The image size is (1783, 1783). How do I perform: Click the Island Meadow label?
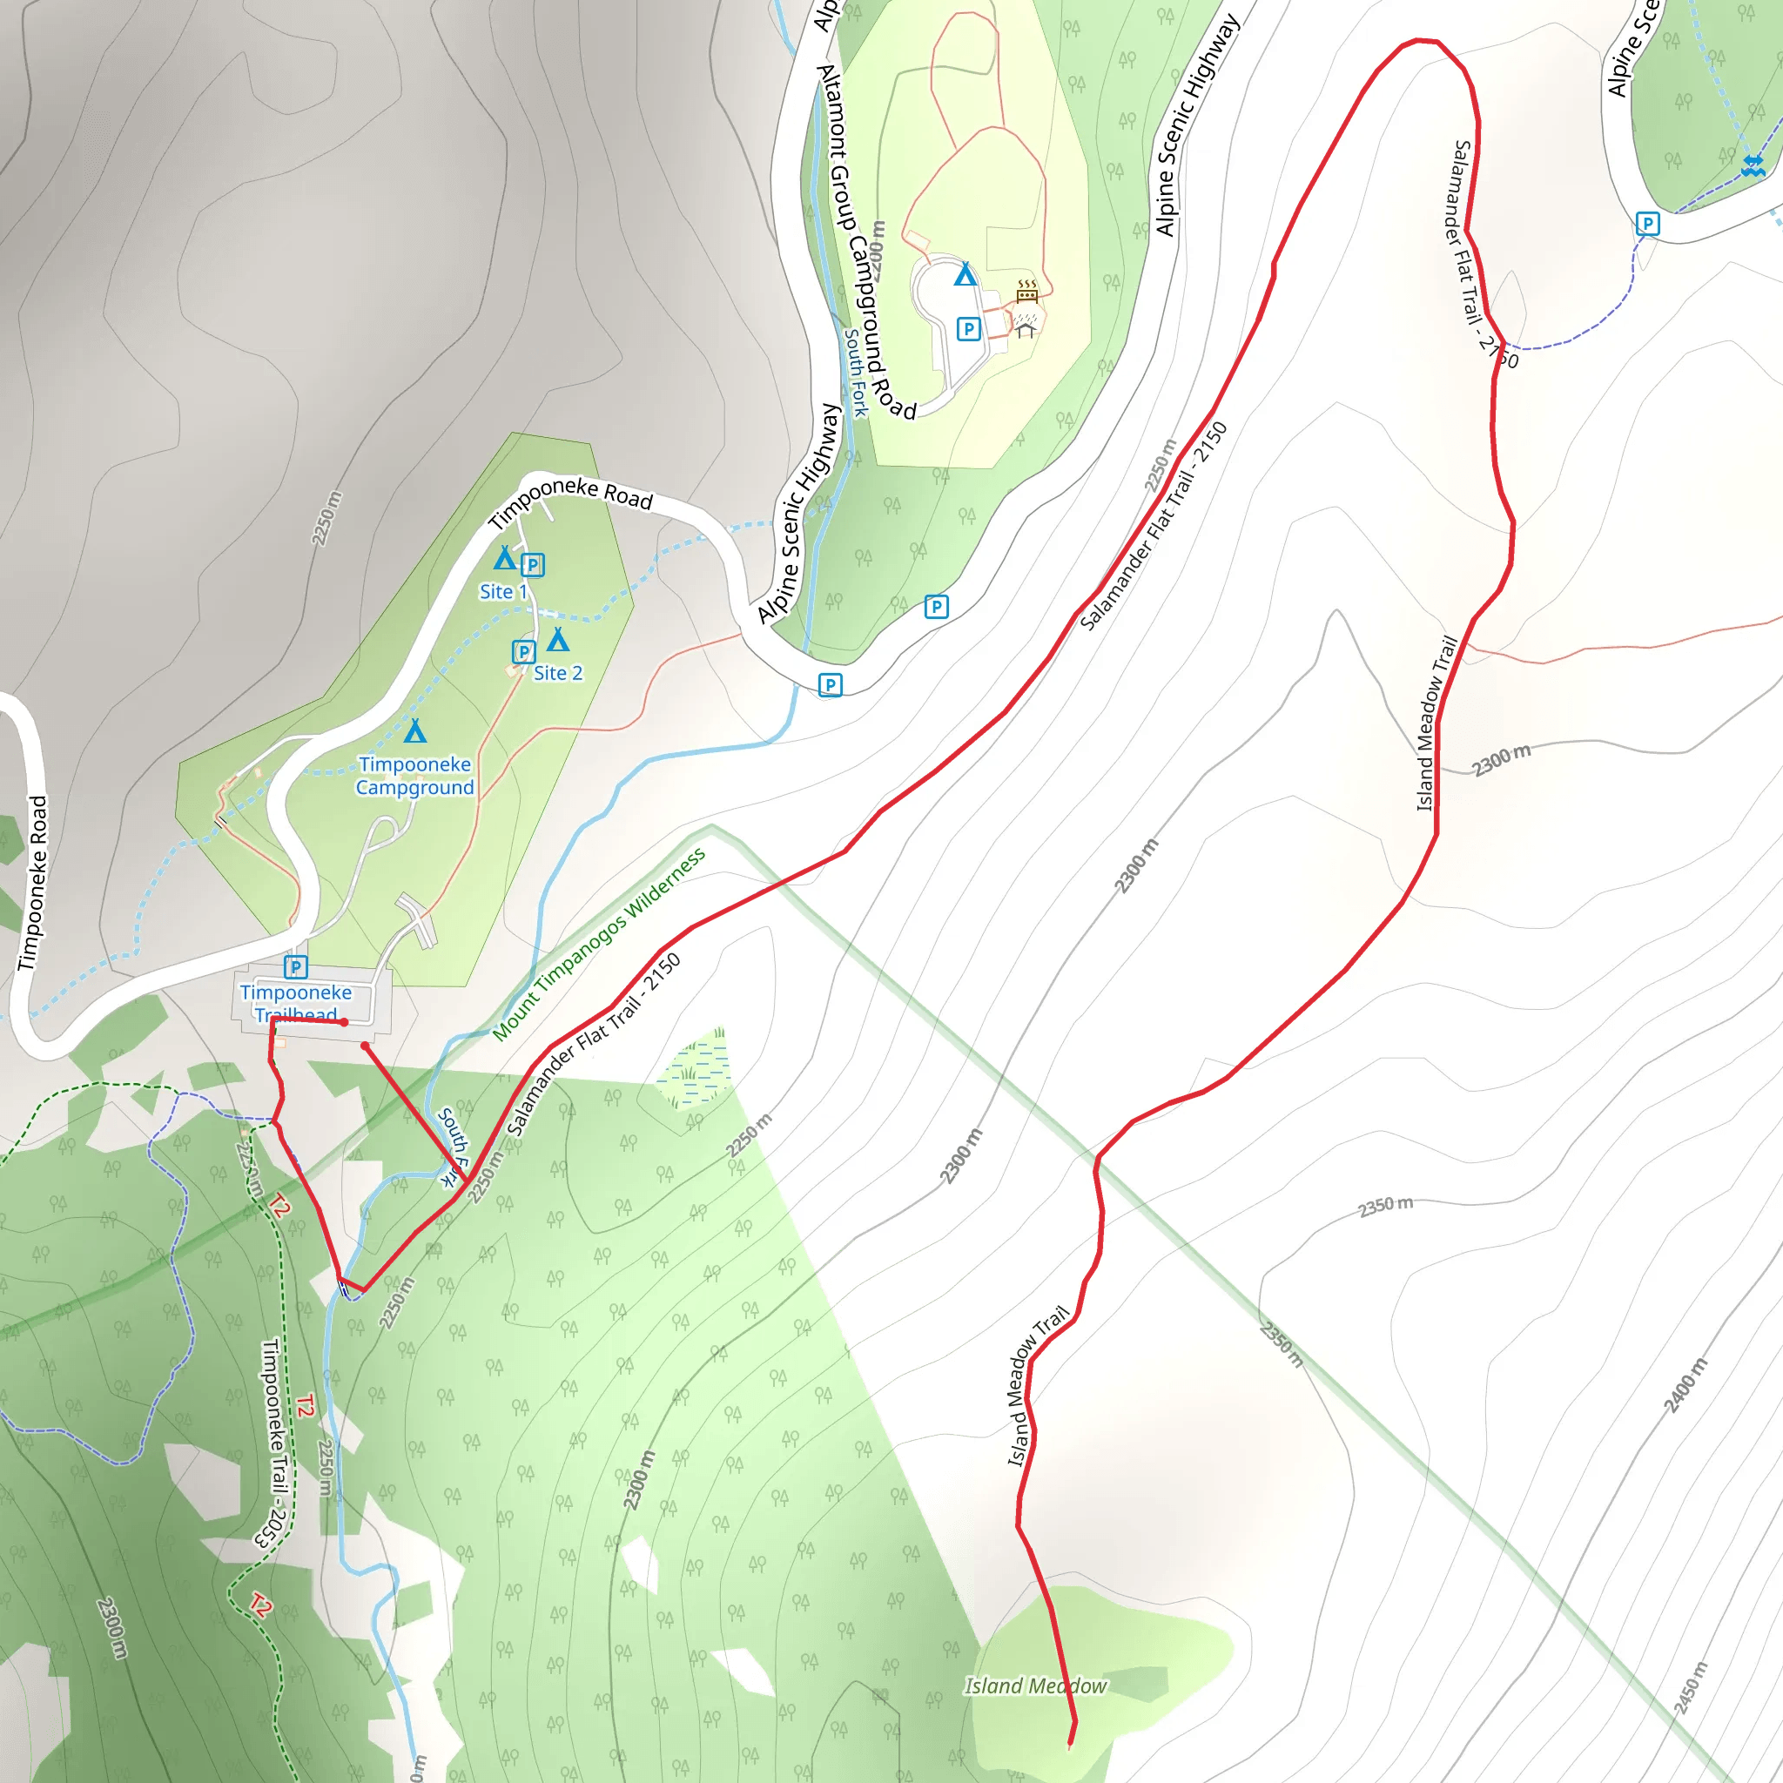[x=1034, y=1686]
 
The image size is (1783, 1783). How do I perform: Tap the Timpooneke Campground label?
[x=414, y=776]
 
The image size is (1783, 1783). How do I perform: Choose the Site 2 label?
[x=557, y=674]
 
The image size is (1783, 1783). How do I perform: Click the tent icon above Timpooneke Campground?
[x=415, y=732]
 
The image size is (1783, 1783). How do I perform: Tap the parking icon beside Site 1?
[x=533, y=565]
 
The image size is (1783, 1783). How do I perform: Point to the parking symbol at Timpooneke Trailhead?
[x=295, y=967]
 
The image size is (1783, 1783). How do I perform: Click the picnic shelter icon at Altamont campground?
[x=1026, y=326]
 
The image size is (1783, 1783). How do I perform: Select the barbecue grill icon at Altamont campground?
[x=1027, y=293]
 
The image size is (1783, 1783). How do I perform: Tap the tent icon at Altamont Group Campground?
[x=966, y=274]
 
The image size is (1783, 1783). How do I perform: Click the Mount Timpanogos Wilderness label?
[x=598, y=945]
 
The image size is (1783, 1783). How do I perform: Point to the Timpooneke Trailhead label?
[x=295, y=1003]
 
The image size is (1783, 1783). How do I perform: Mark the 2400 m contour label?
[x=1685, y=1385]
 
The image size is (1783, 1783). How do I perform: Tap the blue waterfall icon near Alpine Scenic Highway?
[x=1753, y=166]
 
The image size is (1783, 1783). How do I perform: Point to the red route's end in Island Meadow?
[x=1071, y=1744]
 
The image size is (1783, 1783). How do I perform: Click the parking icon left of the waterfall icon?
[x=1647, y=224]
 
